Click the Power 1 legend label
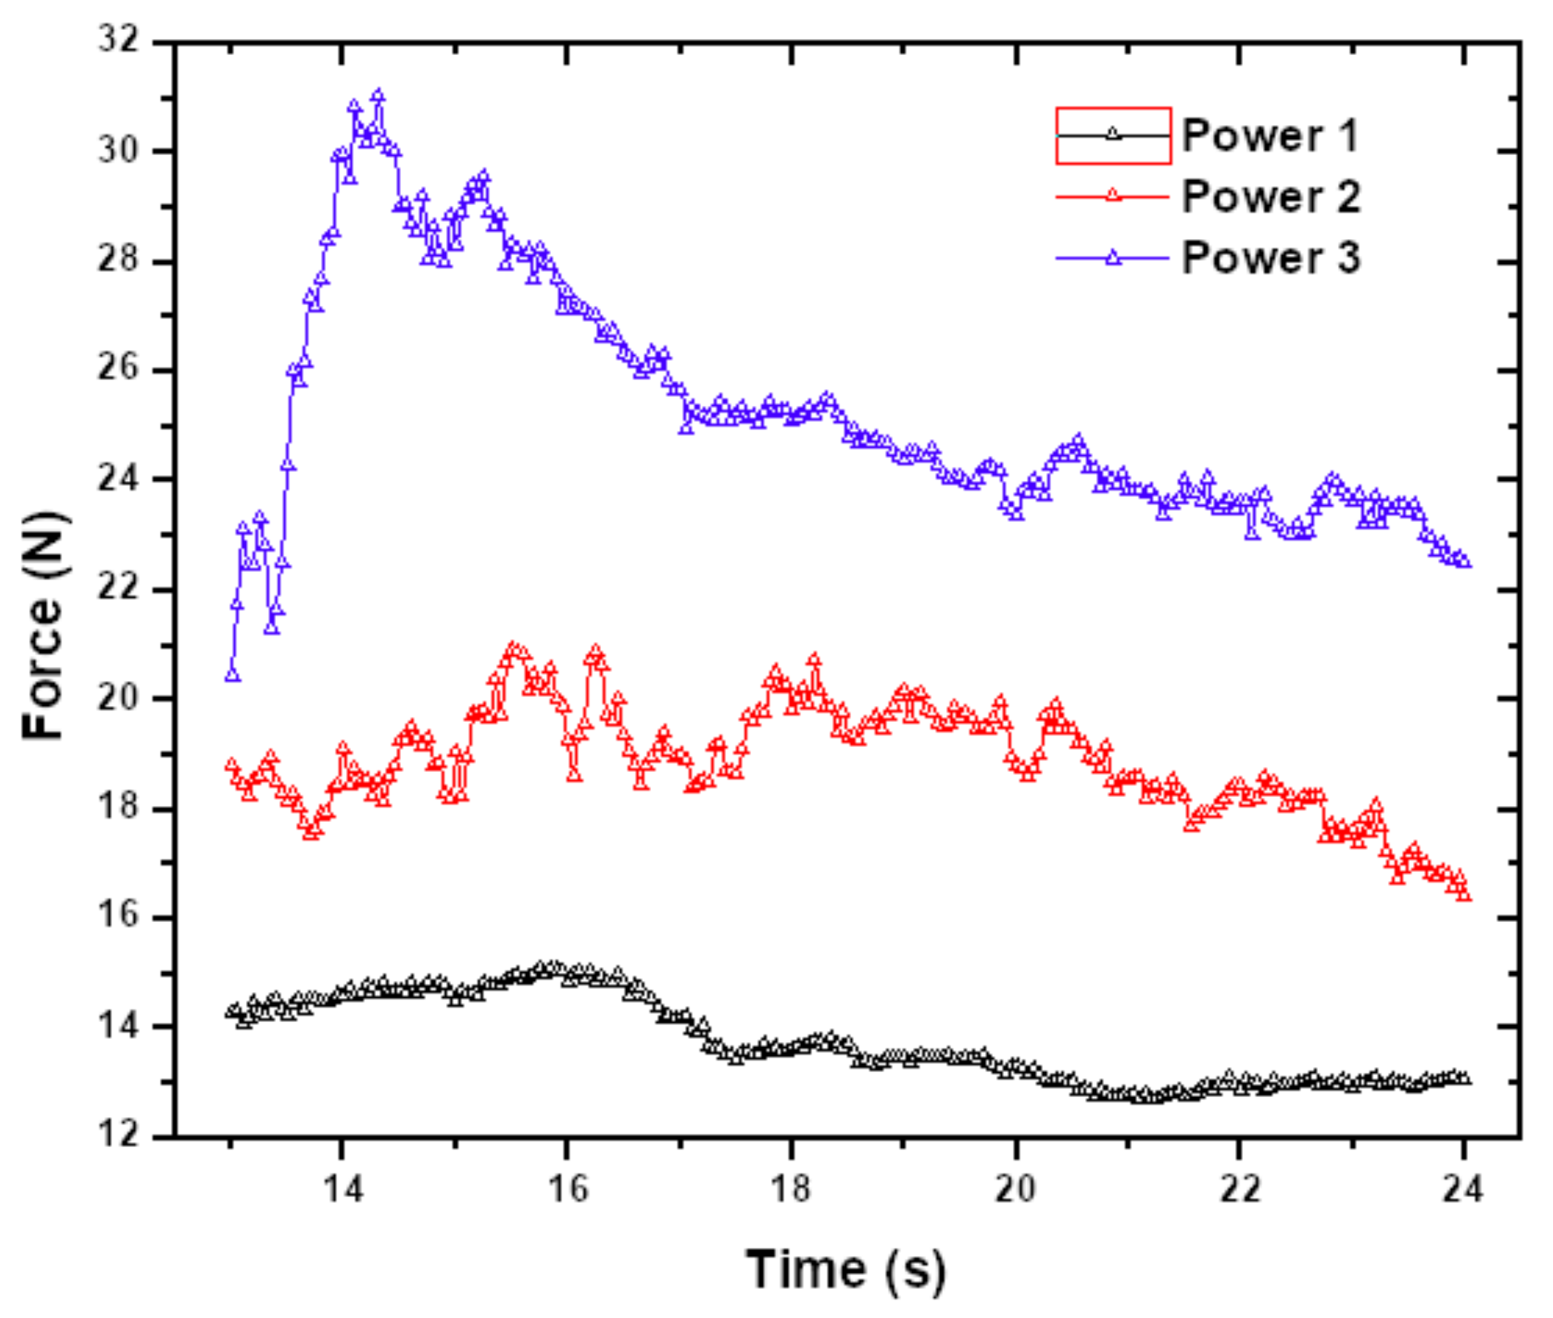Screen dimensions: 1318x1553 coord(1270,135)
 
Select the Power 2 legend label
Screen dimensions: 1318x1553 coord(1270,197)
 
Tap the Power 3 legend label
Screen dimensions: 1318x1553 coord(1270,258)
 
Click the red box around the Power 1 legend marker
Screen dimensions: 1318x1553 coord(1113,135)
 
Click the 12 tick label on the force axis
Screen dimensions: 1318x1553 coord(118,1135)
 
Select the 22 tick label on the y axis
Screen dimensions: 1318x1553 coord(118,588)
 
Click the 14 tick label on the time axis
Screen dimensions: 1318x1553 coord(343,1189)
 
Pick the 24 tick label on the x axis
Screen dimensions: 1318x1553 coord(1463,1189)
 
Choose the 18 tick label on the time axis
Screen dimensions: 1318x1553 coord(790,1189)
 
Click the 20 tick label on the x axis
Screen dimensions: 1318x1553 coord(1015,1189)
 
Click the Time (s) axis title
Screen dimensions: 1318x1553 coord(845,1268)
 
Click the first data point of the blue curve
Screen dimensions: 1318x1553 coord(233,674)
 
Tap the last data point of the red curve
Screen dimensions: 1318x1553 coord(1464,895)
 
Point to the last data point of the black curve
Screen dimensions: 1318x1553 coord(1464,1079)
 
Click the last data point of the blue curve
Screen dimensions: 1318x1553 coord(1464,561)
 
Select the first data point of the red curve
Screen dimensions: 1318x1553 coord(232,765)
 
